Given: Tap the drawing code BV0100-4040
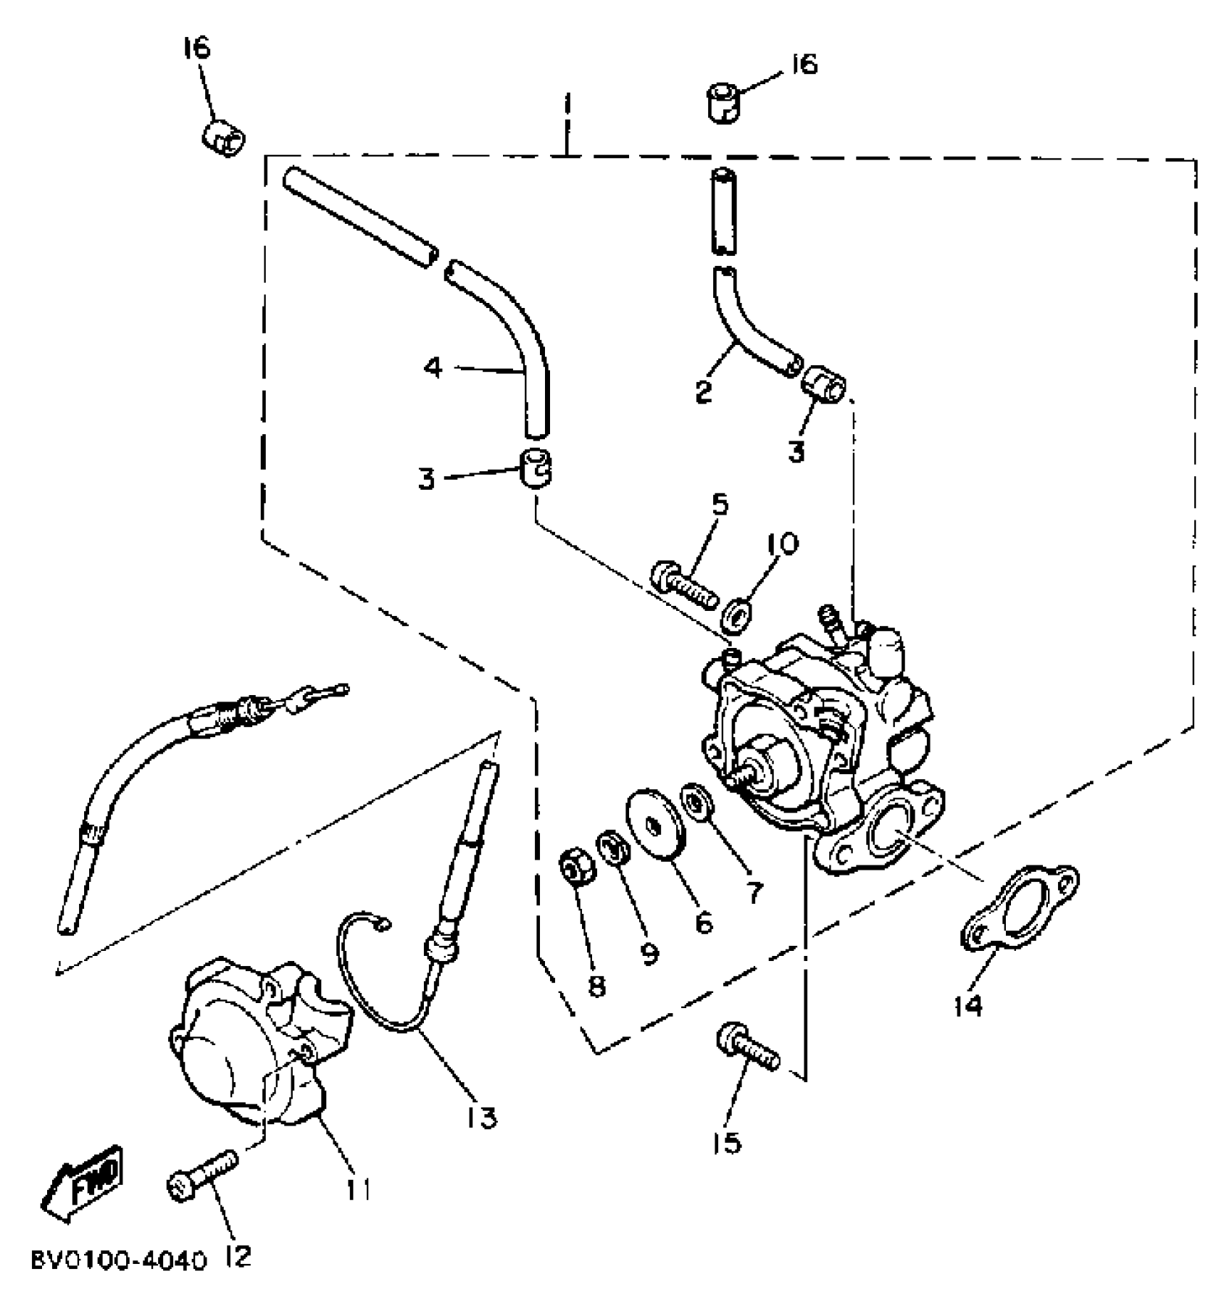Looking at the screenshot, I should click(117, 1260).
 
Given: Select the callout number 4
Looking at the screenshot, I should click(432, 368).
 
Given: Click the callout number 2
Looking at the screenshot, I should click(702, 392).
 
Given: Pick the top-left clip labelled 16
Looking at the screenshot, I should click(223, 138).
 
